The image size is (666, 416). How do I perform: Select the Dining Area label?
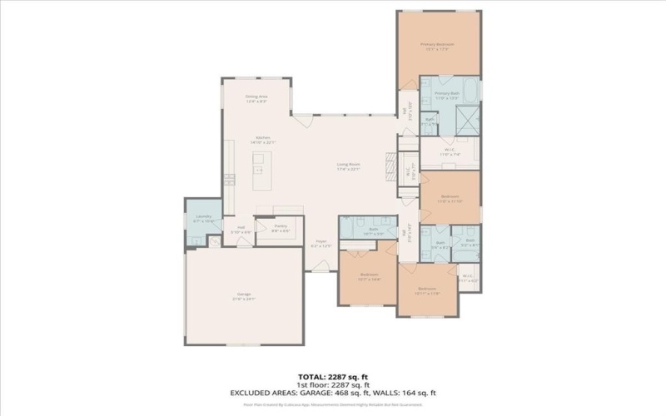click(x=256, y=97)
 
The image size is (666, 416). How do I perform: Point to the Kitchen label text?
click(x=262, y=137)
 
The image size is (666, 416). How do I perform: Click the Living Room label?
click(x=348, y=164)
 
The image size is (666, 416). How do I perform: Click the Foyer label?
click(x=321, y=241)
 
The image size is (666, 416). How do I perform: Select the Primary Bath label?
click(x=447, y=93)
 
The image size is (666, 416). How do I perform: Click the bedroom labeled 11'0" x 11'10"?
click(x=450, y=197)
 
